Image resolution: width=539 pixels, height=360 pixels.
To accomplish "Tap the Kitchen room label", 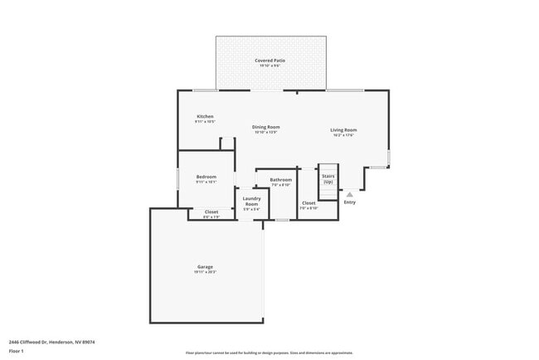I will [205, 116].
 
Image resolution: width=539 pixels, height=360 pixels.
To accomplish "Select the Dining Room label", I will [266, 127].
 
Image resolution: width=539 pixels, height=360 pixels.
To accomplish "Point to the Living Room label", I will [343, 129].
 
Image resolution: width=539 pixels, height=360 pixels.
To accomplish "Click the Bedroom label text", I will [206, 177].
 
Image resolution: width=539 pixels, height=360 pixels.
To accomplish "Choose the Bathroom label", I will [280, 180].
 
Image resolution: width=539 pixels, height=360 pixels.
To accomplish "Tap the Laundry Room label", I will [251, 201].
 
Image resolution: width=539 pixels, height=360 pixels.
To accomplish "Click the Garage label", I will [205, 266].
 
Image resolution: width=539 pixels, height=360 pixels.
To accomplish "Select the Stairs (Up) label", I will [328, 179].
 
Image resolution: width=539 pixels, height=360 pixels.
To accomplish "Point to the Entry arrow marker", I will [349, 194].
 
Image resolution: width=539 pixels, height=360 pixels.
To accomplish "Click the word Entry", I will [349, 202].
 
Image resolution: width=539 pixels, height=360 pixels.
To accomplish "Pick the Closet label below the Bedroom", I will [211, 212].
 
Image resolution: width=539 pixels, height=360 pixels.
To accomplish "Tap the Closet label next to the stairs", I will [308, 202].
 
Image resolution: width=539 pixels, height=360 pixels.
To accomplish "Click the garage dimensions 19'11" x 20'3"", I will [205, 272].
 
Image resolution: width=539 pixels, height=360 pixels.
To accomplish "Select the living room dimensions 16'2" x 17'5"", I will [343, 135].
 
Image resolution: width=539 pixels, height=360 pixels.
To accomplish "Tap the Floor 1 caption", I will [17, 352].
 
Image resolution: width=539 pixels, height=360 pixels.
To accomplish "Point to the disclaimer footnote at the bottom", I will [269, 353].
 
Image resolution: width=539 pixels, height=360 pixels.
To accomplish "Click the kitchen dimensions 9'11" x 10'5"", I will [205, 122].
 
